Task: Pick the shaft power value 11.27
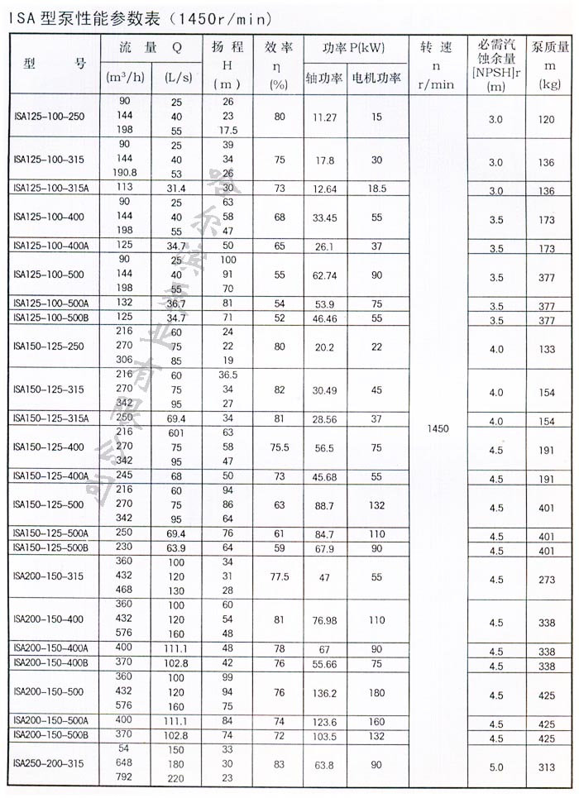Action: (x=323, y=118)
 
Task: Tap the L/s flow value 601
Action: (x=175, y=432)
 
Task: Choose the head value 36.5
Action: (x=228, y=375)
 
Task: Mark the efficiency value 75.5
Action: (x=279, y=447)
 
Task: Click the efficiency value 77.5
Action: (x=279, y=577)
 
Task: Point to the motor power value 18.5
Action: (x=376, y=189)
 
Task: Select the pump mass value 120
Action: (x=547, y=120)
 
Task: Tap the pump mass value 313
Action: (x=547, y=767)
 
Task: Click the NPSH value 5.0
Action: (x=495, y=767)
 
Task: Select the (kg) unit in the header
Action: (x=548, y=84)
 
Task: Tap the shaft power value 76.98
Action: (x=323, y=620)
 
